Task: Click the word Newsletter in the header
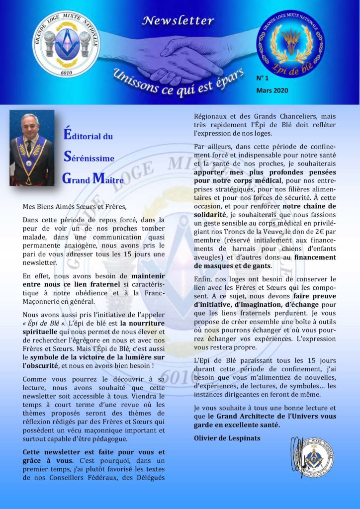(178, 21)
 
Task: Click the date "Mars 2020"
(272, 90)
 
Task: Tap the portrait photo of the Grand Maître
(32, 149)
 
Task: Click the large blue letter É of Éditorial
(68, 134)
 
